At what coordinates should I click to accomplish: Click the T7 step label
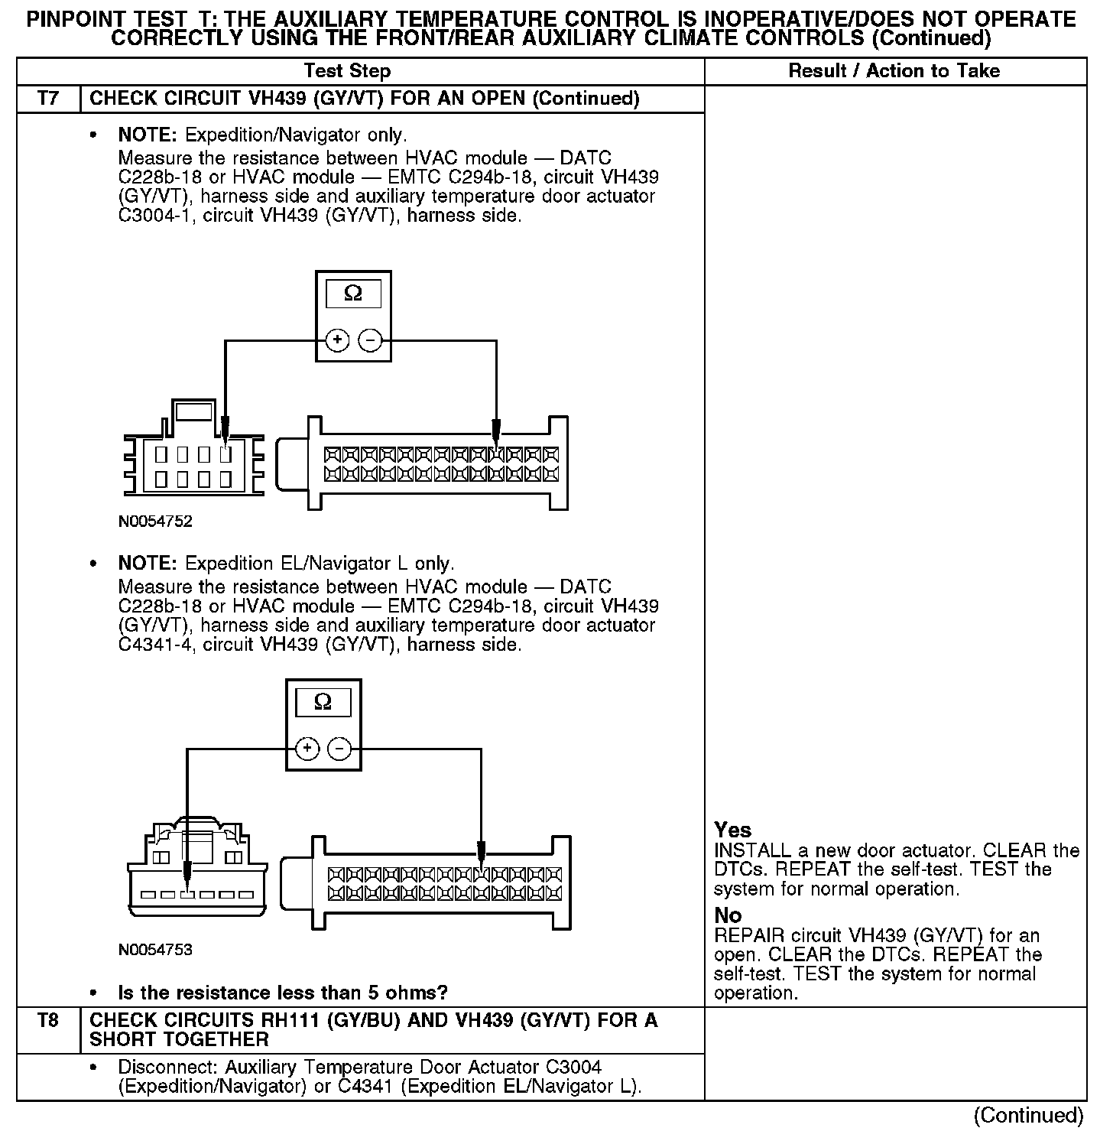[47, 99]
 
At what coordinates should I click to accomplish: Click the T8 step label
[47, 1020]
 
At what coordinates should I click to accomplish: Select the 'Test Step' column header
[347, 71]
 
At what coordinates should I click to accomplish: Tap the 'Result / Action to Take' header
[894, 71]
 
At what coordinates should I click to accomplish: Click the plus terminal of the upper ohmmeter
[337, 340]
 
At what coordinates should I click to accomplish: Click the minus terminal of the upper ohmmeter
[370, 340]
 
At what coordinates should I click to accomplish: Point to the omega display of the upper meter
[353, 294]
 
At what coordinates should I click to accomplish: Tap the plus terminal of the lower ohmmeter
[307, 749]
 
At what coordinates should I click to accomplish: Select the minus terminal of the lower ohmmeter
[339, 749]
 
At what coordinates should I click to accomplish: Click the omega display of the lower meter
[323, 702]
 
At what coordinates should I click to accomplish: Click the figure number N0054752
[155, 522]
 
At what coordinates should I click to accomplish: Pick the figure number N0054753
[155, 950]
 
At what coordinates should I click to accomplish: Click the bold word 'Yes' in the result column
[732, 830]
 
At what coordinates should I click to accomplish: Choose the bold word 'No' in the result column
[728, 915]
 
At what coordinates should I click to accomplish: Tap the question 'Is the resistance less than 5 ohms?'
[283, 993]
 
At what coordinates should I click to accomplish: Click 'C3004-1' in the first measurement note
[157, 216]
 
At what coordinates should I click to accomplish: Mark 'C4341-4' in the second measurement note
[157, 645]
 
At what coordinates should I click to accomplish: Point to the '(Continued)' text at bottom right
[1028, 1116]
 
